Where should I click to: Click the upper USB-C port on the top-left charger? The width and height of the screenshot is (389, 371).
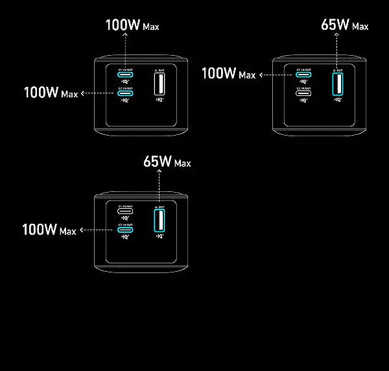126,75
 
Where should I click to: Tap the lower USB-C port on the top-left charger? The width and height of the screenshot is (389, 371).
126,93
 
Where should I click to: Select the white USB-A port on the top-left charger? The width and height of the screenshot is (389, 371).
158,85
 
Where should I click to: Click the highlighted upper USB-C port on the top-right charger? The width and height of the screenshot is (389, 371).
304,75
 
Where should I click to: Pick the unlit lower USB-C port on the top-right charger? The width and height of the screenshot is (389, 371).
304,93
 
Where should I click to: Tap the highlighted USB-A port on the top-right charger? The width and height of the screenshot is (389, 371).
337,84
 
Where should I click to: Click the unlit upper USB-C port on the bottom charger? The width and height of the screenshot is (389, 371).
126,211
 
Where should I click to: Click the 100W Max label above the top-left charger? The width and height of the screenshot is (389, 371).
132,26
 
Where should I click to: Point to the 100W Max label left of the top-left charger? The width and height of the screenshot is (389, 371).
51,93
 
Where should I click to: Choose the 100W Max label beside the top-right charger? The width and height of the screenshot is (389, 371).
228,74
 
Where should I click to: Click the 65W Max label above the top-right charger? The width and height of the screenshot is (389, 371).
344,25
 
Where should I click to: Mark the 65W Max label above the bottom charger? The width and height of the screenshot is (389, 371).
167,162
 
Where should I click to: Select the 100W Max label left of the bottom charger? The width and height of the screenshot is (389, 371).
49,230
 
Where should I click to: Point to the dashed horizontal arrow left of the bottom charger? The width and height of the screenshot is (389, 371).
97,230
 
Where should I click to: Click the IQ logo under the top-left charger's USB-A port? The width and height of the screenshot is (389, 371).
159,101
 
